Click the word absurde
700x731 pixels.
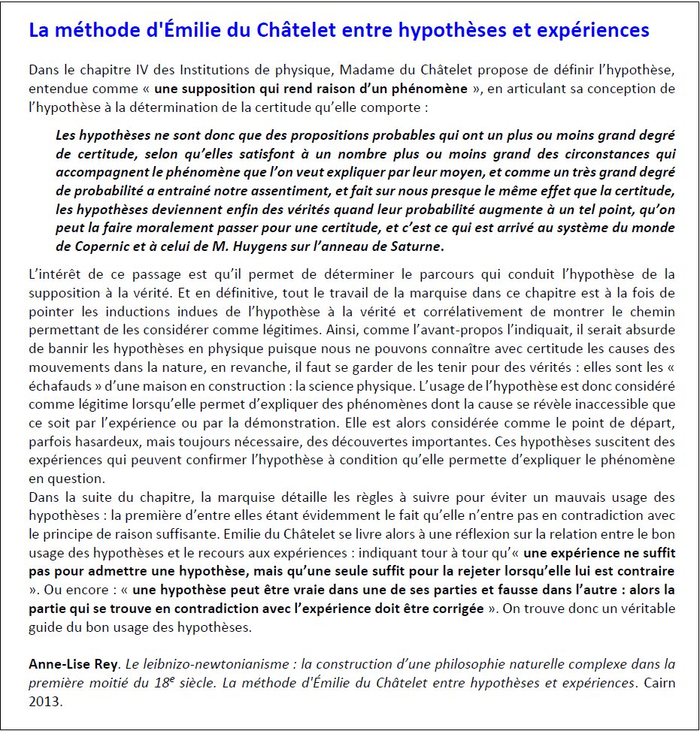point(649,330)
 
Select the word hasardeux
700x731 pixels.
point(105,441)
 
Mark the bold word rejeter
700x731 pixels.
point(428,572)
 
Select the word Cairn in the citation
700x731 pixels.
point(658,683)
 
